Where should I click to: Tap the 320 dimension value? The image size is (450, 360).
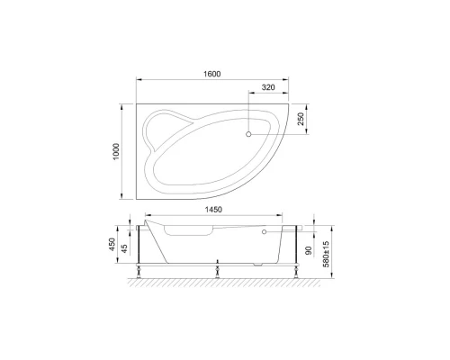pos(267,88)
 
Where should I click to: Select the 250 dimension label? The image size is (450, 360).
pos(301,120)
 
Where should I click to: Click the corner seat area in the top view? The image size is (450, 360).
pos(167,127)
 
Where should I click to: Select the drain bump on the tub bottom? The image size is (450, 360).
pos(261,264)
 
